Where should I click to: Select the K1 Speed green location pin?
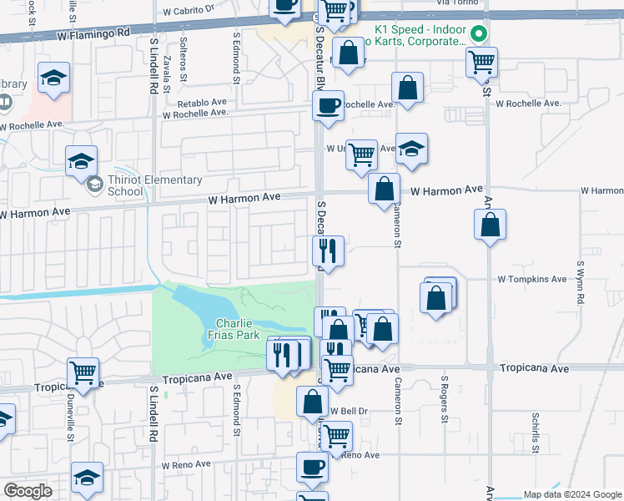[x=479, y=34]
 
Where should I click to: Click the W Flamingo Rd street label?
[x=94, y=33]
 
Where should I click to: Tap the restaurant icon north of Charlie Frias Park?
[x=329, y=250]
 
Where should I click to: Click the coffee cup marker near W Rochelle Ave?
[x=328, y=106]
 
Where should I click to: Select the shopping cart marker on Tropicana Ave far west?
[x=83, y=372]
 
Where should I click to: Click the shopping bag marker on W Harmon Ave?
[x=384, y=189]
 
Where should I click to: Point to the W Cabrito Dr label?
[x=189, y=13]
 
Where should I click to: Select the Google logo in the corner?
[x=28, y=491]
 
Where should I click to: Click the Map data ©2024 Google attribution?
[x=571, y=494]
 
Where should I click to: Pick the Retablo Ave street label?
[x=202, y=103]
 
